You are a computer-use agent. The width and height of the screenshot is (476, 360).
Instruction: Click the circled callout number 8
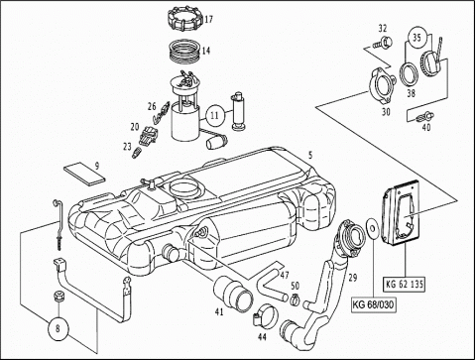(59, 329)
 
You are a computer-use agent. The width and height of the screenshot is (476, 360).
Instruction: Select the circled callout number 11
(214, 116)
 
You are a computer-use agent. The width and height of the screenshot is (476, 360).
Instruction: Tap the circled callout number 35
(416, 38)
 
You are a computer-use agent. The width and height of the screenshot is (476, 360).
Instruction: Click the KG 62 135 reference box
(405, 285)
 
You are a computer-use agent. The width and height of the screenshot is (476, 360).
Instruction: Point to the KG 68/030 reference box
(374, 304)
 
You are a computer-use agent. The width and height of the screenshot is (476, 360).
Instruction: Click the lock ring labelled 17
(184, 20)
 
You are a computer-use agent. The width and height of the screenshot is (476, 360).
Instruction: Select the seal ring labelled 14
(184, 53)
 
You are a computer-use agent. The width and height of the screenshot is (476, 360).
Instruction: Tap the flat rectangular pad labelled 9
(84, 176)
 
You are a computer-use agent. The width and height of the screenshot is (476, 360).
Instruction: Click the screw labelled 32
(383, 43)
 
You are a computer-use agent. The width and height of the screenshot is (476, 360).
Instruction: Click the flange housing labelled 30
(383, 85)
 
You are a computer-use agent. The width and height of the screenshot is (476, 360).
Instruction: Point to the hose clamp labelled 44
(266, 314)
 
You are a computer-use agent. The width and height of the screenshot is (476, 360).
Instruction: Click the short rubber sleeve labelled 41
(234, 295)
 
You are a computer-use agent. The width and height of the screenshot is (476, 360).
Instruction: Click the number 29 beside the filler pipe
(353, 278)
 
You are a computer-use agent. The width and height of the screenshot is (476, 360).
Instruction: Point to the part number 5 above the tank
(310, 155)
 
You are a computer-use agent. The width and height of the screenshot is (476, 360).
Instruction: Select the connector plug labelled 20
(148, 136)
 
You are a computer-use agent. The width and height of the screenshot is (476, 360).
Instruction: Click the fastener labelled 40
(426, 117)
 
